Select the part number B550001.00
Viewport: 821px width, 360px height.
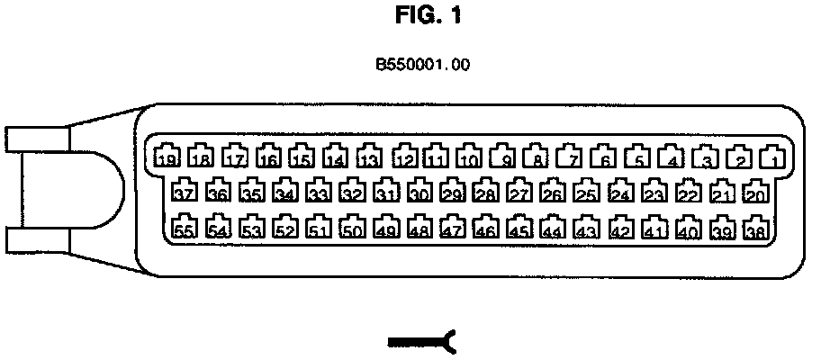click(x=423, y=65)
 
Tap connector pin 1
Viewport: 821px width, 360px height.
click(x=771, y=157)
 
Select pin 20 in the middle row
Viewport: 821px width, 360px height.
click(x=755, y=192)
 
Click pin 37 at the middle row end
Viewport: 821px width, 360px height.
click(x=185, y=192)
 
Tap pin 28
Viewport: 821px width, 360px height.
click(x=486, y=192)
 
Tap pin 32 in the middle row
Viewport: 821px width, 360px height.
click(x=353, y=192)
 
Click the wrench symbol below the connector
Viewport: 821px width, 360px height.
click(x=422, y=341)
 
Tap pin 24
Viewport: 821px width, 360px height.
click(x=620, y=192)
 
